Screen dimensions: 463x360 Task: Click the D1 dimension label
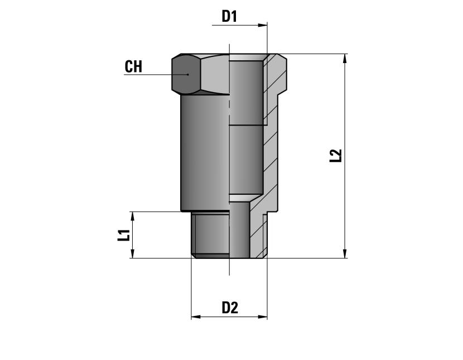(229, 16)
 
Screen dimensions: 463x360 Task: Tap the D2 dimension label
(230, 308)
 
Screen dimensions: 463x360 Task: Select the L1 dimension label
(124, 235)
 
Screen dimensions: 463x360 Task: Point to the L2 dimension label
(335, 156)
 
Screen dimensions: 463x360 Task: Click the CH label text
(133, 66)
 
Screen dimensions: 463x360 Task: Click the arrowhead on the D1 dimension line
(263, 26)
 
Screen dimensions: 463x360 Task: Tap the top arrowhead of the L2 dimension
(345, 59)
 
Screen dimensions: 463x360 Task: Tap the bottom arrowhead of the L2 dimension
(345, 253)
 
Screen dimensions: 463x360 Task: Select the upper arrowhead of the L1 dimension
(132, 217)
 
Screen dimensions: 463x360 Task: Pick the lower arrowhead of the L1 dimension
(132, 253)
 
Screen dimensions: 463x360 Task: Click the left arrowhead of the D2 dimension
(196, 317)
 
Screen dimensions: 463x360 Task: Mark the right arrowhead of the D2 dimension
(263, 317)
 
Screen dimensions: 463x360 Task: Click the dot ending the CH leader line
(188, 74)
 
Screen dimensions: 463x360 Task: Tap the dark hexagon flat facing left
(186, 74)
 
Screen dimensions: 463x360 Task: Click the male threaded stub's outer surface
(211, 234)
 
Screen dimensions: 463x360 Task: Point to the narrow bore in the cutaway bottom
(240, 230)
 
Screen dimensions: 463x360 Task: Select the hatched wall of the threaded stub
(258, 235)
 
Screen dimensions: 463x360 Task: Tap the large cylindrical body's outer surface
(205, 152)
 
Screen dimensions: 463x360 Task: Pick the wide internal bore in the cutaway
(246, 127)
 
